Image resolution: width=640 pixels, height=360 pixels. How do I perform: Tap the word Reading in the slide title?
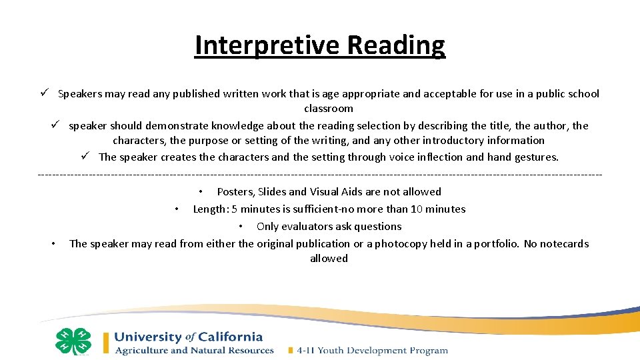tap(396, 45)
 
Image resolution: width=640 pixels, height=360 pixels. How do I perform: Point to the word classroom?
tap(329, 109)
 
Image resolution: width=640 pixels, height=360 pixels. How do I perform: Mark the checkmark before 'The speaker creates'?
tap(85, 157)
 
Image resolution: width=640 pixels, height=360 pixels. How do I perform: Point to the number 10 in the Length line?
tap(417, 209)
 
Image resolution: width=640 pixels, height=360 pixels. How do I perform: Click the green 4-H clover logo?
tap(73, 341)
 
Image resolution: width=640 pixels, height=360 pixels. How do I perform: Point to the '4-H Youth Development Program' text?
tap(372, 351)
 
